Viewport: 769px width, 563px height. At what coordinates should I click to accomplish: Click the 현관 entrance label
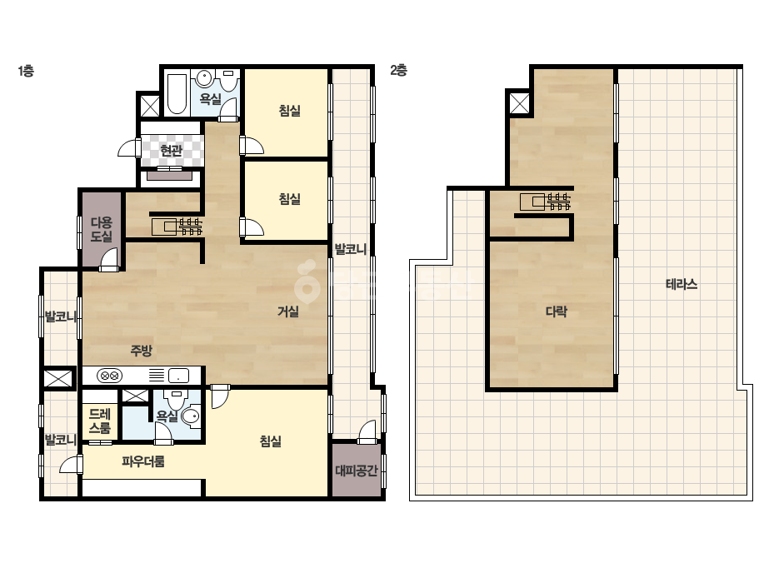[171, 151]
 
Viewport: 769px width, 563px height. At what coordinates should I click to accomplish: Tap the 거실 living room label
[288, 311]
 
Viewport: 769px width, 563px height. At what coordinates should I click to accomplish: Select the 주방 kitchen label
[142, 350]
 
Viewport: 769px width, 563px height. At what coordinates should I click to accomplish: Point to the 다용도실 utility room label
[102, 230]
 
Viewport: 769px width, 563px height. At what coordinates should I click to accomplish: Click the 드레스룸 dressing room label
[100, 421]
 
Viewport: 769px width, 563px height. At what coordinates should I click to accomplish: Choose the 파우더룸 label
[143, 461]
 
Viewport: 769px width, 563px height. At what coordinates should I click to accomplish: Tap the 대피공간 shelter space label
[357, 471]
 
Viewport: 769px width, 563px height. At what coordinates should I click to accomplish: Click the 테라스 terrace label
[682, 284]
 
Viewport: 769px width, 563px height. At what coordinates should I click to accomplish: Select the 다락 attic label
[557, 311]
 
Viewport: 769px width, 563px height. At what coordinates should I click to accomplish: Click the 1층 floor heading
[26, 71]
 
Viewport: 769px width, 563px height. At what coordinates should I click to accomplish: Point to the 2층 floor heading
[399, 71]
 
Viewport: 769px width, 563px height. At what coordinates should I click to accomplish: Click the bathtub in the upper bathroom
[177, 93]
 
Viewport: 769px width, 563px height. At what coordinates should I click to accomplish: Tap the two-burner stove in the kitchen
[110, 376]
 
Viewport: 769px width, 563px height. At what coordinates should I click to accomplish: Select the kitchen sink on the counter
[178, 376]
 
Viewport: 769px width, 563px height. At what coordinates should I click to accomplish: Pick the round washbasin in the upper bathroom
[204, 78]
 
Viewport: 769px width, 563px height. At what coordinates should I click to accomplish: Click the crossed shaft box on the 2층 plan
[519, 103]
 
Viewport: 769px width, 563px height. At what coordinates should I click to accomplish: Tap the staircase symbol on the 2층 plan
[546, 202]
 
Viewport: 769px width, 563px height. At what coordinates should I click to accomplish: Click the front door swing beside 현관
[129, 147]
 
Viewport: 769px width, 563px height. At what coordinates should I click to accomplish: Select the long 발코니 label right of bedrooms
[350, 249]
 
